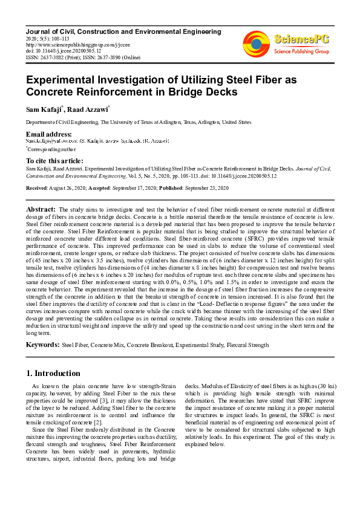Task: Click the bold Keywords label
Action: pos(42,345)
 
